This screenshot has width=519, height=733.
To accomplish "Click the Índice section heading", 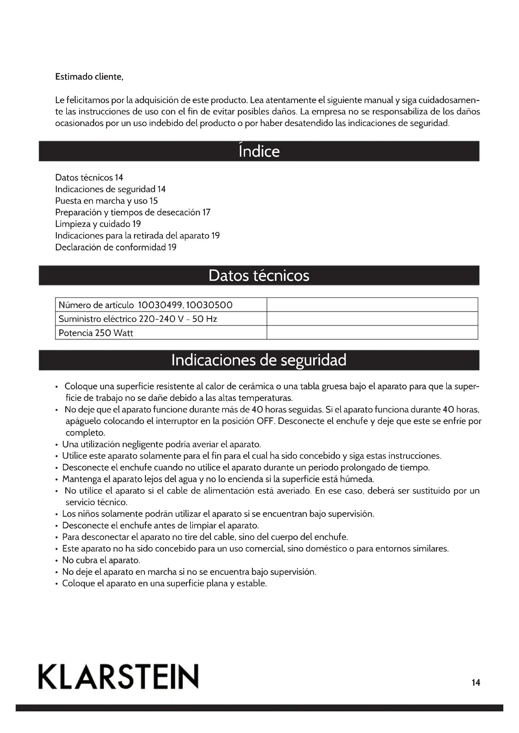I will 259,151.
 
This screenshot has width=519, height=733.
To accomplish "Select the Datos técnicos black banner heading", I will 259,275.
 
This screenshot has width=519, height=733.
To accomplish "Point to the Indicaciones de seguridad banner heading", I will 259,360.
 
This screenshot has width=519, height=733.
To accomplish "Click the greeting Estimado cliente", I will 89,77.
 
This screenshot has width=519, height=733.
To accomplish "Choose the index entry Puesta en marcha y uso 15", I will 106,201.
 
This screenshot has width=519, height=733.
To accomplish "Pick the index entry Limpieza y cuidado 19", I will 98,224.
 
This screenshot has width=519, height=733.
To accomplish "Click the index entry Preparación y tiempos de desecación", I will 133,212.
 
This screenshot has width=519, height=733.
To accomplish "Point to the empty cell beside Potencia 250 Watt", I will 372,333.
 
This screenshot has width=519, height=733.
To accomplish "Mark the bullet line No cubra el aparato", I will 101,560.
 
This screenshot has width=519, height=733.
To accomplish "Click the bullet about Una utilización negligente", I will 161,444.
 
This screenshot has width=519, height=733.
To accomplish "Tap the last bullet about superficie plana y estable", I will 164,584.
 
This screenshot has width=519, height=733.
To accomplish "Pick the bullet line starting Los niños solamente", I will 218,514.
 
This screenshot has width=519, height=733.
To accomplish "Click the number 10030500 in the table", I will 209,305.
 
